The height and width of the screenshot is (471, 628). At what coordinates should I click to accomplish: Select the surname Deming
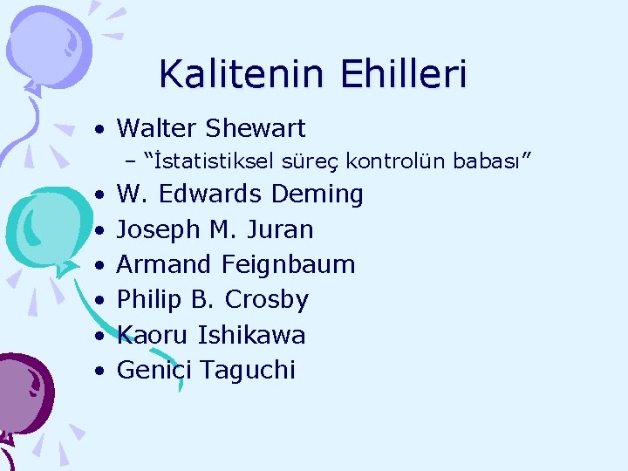(x=317, y=194)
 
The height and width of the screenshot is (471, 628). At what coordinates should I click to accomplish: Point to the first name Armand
(x=166, y=264)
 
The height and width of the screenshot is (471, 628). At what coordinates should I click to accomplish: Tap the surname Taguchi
(x=248, y=371)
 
